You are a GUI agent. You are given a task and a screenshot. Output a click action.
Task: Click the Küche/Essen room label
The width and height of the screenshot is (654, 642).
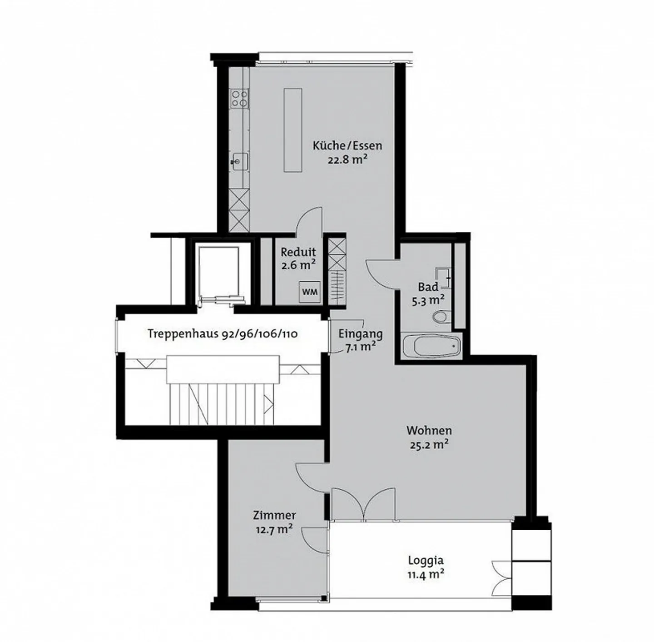click(x=347, y=146)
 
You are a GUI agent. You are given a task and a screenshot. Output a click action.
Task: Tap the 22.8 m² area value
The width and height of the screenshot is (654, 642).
click(x=347, y=159)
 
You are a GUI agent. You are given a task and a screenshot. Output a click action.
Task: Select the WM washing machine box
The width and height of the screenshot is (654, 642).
click(x=310, y=291)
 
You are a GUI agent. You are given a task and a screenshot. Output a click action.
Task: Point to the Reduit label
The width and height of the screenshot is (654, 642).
click(x=298, y=252)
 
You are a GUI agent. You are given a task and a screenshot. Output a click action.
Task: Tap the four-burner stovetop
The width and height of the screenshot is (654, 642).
click(x=239, y=98)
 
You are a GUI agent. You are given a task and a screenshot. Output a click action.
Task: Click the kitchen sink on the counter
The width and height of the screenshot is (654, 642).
click(x=239, y=161)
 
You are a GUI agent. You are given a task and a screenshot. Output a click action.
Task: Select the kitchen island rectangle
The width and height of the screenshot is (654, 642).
click(x=292, y=130)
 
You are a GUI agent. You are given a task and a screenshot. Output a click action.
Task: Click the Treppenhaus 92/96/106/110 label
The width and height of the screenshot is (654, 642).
click(x=223, y=334)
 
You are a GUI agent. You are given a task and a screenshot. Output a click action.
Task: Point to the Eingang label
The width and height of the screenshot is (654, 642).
click(x=360, y=334)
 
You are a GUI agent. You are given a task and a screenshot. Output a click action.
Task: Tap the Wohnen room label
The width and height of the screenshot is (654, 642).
click(x=429, y=430)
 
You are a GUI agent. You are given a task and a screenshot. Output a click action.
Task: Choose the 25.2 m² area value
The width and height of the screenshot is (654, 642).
click(x=429, y=444)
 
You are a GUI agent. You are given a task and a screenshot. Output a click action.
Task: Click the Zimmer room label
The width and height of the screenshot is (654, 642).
click(x=274, y=515)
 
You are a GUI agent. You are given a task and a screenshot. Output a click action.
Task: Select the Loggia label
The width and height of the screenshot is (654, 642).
click(x=425, y=560)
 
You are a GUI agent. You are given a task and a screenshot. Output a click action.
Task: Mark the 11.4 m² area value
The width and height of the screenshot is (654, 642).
click(x=425, y=574)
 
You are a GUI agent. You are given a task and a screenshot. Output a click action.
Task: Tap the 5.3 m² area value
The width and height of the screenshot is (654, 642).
click(x=428, y=300)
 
